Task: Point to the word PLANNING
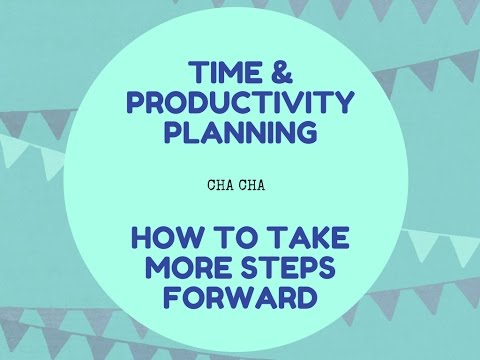[241, 132]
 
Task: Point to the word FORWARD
[241, 299]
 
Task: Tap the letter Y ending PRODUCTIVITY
[345, 103]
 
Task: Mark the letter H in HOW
[138, 241]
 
